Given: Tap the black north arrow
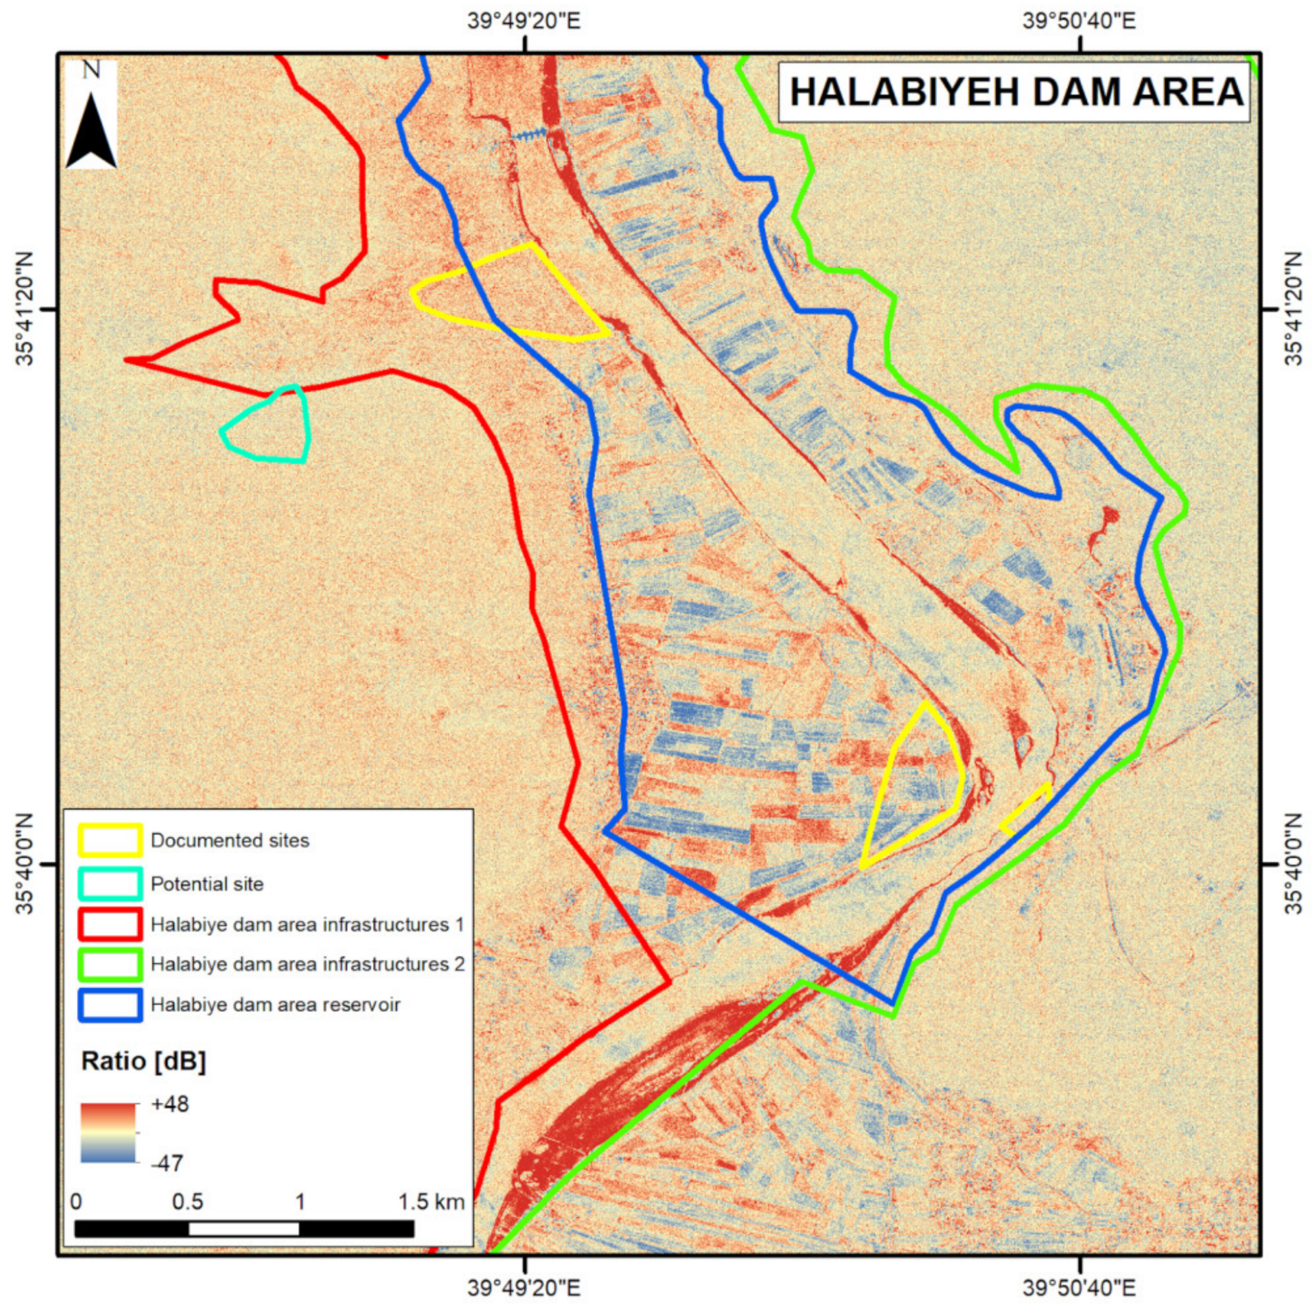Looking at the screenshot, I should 91,133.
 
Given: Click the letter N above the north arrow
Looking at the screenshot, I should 91,70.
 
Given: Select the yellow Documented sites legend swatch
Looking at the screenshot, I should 111,840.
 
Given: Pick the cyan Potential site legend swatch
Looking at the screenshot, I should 111,884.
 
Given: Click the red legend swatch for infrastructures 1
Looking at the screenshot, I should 111,924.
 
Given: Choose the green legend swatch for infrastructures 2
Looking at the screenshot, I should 111,964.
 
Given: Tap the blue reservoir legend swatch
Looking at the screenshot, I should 111,1005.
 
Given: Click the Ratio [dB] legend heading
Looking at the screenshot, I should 143,1061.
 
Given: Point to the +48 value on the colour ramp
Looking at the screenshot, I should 170,1103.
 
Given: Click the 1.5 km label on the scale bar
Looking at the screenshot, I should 431,1201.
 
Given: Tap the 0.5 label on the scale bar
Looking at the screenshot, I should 188,1201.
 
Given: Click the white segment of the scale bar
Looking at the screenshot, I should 243,1228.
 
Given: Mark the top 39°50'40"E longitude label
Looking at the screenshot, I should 1079,21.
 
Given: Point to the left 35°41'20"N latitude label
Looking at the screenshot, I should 24,309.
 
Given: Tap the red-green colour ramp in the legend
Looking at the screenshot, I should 109,1132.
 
